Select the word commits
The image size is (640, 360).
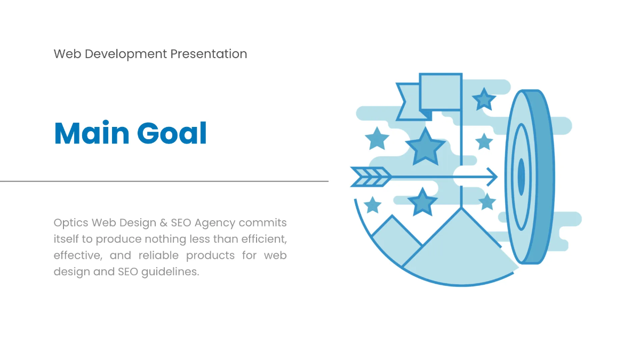point(263,222)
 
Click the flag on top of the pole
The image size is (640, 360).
point(440,91)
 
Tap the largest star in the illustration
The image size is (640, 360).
point(425,147)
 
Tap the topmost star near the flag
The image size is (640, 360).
point(484,99)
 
